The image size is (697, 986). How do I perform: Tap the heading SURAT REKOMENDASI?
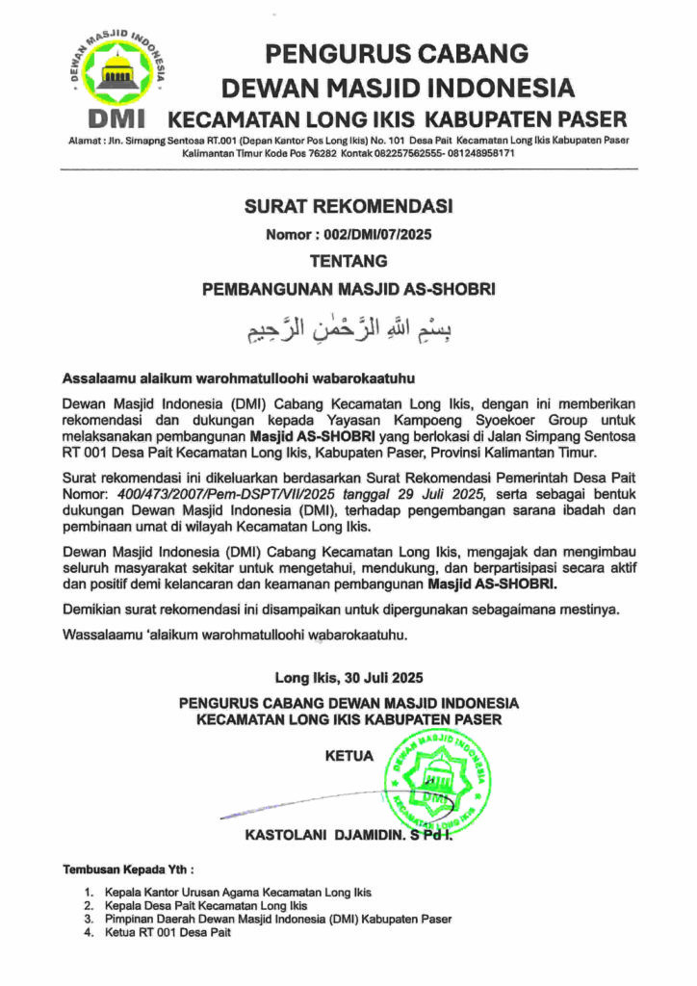[348, 206]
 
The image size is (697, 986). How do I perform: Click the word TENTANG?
[348, 261]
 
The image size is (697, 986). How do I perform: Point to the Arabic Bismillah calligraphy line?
[348, 329]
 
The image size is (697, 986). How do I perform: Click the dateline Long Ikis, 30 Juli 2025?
[348, 677]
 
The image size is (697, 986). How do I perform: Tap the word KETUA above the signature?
[349, 757]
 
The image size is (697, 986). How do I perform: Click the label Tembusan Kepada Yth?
[127, 869]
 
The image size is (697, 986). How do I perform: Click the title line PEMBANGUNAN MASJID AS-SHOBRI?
[348, 288]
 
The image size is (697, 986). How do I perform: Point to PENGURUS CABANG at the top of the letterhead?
[397, 53]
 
